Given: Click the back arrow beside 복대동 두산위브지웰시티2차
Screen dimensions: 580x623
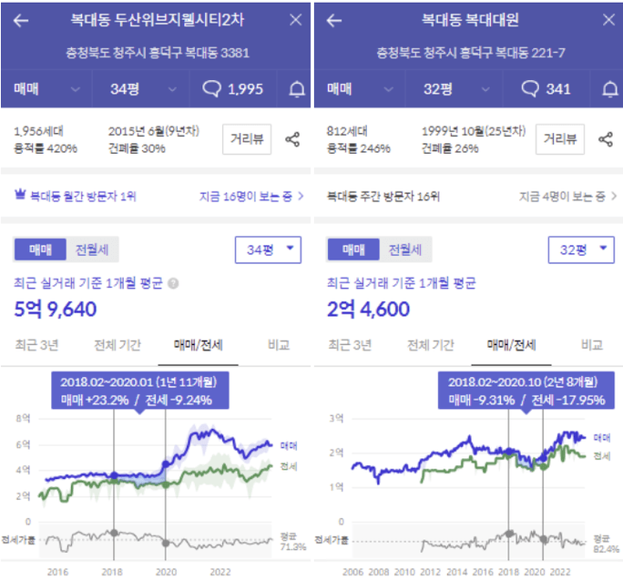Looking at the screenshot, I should point(21,20).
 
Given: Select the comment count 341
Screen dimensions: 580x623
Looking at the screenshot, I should point(546,88).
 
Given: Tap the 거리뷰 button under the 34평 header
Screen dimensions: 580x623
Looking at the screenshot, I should point(247,139).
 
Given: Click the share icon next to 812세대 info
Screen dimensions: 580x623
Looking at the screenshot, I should point(606,139).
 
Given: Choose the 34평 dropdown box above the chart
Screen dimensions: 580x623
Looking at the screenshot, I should point(268,248).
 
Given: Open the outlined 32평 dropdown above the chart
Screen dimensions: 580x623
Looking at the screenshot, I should point(580,248).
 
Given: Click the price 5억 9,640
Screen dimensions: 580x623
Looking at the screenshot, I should point(56,310).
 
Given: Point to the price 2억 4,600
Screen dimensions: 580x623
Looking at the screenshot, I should point(368,310).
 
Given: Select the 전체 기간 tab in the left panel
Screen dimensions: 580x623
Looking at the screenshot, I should point(118,345).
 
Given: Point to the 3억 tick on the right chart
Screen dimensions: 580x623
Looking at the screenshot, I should point(336,418).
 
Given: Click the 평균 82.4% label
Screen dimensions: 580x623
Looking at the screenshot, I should point(606,544).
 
